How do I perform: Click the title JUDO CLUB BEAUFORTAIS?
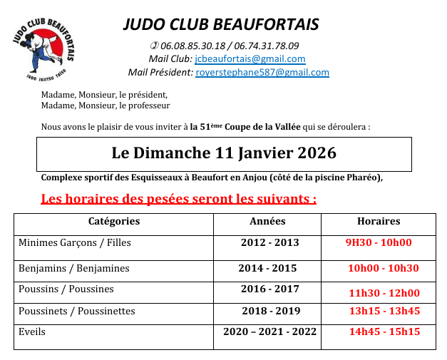tap(221, 24)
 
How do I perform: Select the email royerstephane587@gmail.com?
tap(262, 72)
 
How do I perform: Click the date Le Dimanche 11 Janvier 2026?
tap(224, 153)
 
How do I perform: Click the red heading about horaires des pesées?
tap(179, 198)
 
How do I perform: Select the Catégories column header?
tap(114, 221)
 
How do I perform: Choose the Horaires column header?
tap(379, 221)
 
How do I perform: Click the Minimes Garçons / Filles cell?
tap(75, 242)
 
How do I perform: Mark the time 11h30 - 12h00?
tap(384, 292)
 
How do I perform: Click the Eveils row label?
tap(33, 331)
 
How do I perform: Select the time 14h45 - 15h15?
tap(384, 331)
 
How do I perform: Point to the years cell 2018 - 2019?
tap(271, 311)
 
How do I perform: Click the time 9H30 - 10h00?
tap(379, 242)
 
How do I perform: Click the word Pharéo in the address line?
tap(363, 178)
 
